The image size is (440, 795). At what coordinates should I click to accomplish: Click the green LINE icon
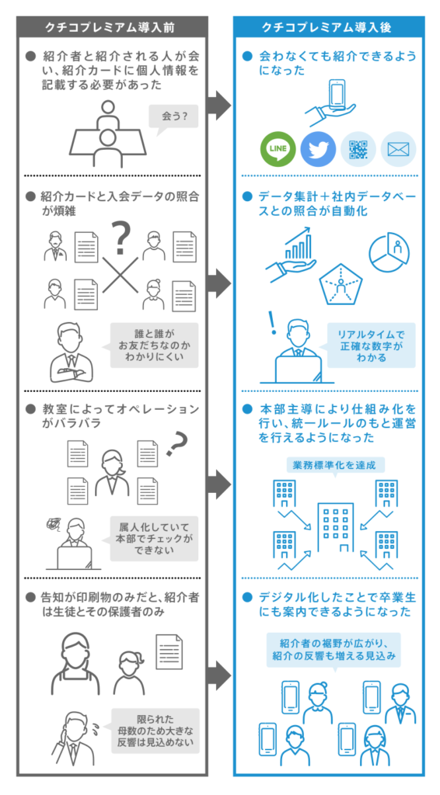[278, 149]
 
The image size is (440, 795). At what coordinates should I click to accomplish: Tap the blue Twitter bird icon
[318, 149]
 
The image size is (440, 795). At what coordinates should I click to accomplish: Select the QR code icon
[358, 149]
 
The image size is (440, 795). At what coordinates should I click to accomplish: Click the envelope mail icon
[398, 149]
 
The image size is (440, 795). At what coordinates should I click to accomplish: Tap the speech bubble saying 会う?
[173, 118]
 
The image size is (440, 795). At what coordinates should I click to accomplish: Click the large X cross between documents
[120, 275]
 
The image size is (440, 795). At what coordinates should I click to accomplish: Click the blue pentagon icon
[341, 285]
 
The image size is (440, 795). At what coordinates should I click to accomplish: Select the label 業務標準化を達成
[334, 464]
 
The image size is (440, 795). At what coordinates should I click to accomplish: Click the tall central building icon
[336, 527]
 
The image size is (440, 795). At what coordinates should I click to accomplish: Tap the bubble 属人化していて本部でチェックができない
[154, 539]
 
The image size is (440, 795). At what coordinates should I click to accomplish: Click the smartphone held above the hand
[337, 94]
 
